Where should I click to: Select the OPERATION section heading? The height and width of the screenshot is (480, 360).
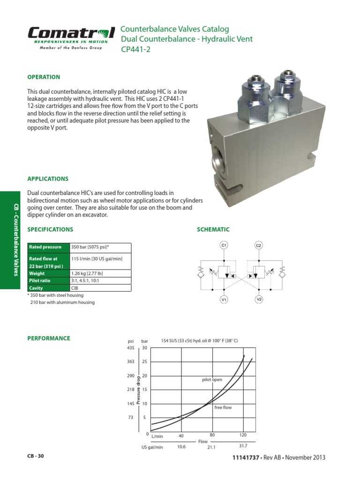click(x=44, y=77)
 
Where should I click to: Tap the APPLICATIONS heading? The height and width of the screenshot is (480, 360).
click(x=48, y=179)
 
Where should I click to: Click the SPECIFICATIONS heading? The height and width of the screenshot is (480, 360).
click(x=50, y=229)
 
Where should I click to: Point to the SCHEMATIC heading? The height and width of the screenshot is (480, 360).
click(x=213, y=229)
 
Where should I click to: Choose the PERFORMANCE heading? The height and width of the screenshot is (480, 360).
click(x=49, y=338)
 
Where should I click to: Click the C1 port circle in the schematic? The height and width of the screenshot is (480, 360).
click(x=224, y=245)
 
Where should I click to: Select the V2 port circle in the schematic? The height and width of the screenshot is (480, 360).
click(x=259, y=299)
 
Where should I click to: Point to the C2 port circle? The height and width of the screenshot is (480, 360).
click(x=259, y=245)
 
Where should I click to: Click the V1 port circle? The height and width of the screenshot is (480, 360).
click(x=224, y=299)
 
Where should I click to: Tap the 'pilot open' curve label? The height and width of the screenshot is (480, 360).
click(x=212, y=380)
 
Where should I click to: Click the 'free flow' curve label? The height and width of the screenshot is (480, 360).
click(x=223, y=407)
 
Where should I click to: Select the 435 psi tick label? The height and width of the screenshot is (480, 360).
click(x=130, y=348)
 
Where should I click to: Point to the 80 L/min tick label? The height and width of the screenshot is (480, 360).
click(x=212, y=435)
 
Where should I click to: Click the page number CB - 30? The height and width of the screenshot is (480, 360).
click(x=36, y=456)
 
